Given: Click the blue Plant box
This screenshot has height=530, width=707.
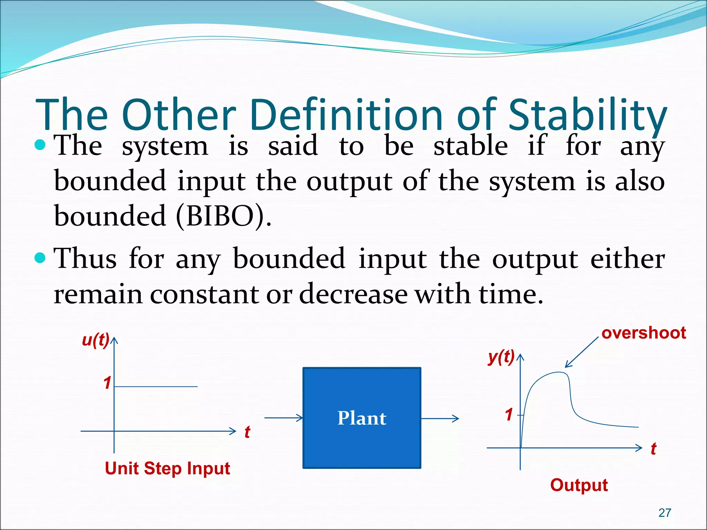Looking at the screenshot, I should click(361, 418).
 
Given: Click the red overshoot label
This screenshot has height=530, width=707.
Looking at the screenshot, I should click(643, 333).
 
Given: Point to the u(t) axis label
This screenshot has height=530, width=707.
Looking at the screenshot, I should click(96, 340).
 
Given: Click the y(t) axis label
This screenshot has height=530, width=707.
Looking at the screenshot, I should click(501, 357).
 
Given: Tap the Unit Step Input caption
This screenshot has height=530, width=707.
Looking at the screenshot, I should click(167, 469).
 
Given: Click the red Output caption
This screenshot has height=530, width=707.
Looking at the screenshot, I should click(579, 485).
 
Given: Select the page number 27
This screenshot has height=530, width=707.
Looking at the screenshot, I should click(665, 513).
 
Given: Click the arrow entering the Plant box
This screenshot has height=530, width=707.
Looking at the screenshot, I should click(283, 418).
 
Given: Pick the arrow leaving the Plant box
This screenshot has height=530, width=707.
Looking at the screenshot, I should click(440, 419).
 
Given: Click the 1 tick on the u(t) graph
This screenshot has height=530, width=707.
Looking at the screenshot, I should click(107, 383).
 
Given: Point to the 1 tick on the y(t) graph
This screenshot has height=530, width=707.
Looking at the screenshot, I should click(509, 414).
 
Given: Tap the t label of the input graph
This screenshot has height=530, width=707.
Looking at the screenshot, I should click(247, 432).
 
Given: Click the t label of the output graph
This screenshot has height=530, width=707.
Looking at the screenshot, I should click(653, 449).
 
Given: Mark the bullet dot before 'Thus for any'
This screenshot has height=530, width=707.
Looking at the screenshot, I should click(40, 258).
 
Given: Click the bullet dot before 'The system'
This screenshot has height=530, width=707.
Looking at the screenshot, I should click(40, 145).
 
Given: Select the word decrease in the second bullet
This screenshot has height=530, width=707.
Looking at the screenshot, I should click(353, 294).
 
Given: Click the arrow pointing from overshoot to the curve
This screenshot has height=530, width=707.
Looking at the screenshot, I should click(582, 352).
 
